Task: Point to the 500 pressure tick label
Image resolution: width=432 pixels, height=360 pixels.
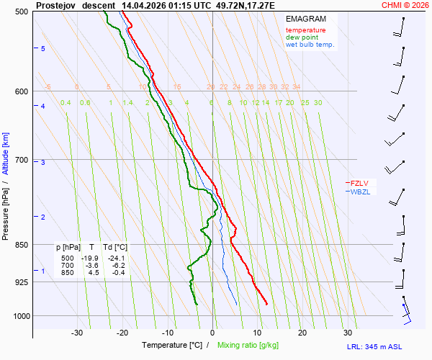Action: [22, 12]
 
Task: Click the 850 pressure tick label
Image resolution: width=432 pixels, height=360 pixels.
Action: [22, 245]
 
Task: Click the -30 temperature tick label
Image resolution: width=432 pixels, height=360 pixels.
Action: [77, 333]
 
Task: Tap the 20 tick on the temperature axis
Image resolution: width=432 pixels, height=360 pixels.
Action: [302, 333]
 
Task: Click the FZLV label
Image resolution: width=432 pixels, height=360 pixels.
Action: [360, 183]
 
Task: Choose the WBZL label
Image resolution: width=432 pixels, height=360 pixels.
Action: [360, 192]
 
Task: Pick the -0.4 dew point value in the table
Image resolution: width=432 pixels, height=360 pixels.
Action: [117, 272]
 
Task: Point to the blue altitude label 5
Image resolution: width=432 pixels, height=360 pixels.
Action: [43, 48]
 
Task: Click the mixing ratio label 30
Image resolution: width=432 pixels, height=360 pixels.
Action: [318, 102]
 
